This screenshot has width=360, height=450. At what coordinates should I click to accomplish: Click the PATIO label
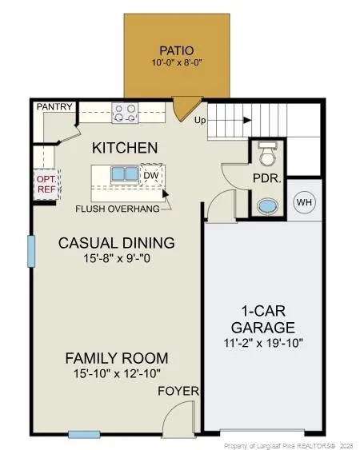coord(177,50)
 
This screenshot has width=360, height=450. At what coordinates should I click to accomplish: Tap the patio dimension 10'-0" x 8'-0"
coord(177,62)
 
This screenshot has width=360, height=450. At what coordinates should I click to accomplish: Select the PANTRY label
coord(54,107)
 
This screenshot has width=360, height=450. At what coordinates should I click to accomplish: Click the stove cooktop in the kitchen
coord(125,113)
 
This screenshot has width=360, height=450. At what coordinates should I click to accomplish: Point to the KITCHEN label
coord(125,148)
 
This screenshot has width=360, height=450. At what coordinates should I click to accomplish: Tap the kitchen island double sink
coord(125,174)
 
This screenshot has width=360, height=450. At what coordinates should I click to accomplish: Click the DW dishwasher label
coord(151,175)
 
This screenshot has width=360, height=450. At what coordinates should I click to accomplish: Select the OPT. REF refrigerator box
coord(47,184)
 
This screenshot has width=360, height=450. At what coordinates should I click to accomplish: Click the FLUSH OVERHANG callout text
coord(118,209)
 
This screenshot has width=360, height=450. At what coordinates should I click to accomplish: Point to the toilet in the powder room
coord(267,154)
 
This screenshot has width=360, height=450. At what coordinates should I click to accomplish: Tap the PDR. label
coord(266,178)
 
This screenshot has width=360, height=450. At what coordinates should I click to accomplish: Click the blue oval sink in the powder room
coord(268,207)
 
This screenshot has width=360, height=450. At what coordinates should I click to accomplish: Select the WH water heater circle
coord(304,202)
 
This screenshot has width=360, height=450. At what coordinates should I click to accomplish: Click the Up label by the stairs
coord(200,120)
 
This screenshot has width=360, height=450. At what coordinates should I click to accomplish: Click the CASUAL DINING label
coord(116,243)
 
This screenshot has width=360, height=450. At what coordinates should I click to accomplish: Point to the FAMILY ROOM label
coord(117,358)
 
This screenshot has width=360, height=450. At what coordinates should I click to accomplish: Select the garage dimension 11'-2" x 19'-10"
coord(263,343)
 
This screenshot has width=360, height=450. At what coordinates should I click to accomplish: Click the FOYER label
coord(178,391)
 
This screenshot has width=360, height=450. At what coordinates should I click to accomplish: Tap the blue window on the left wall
coord(31,252)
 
